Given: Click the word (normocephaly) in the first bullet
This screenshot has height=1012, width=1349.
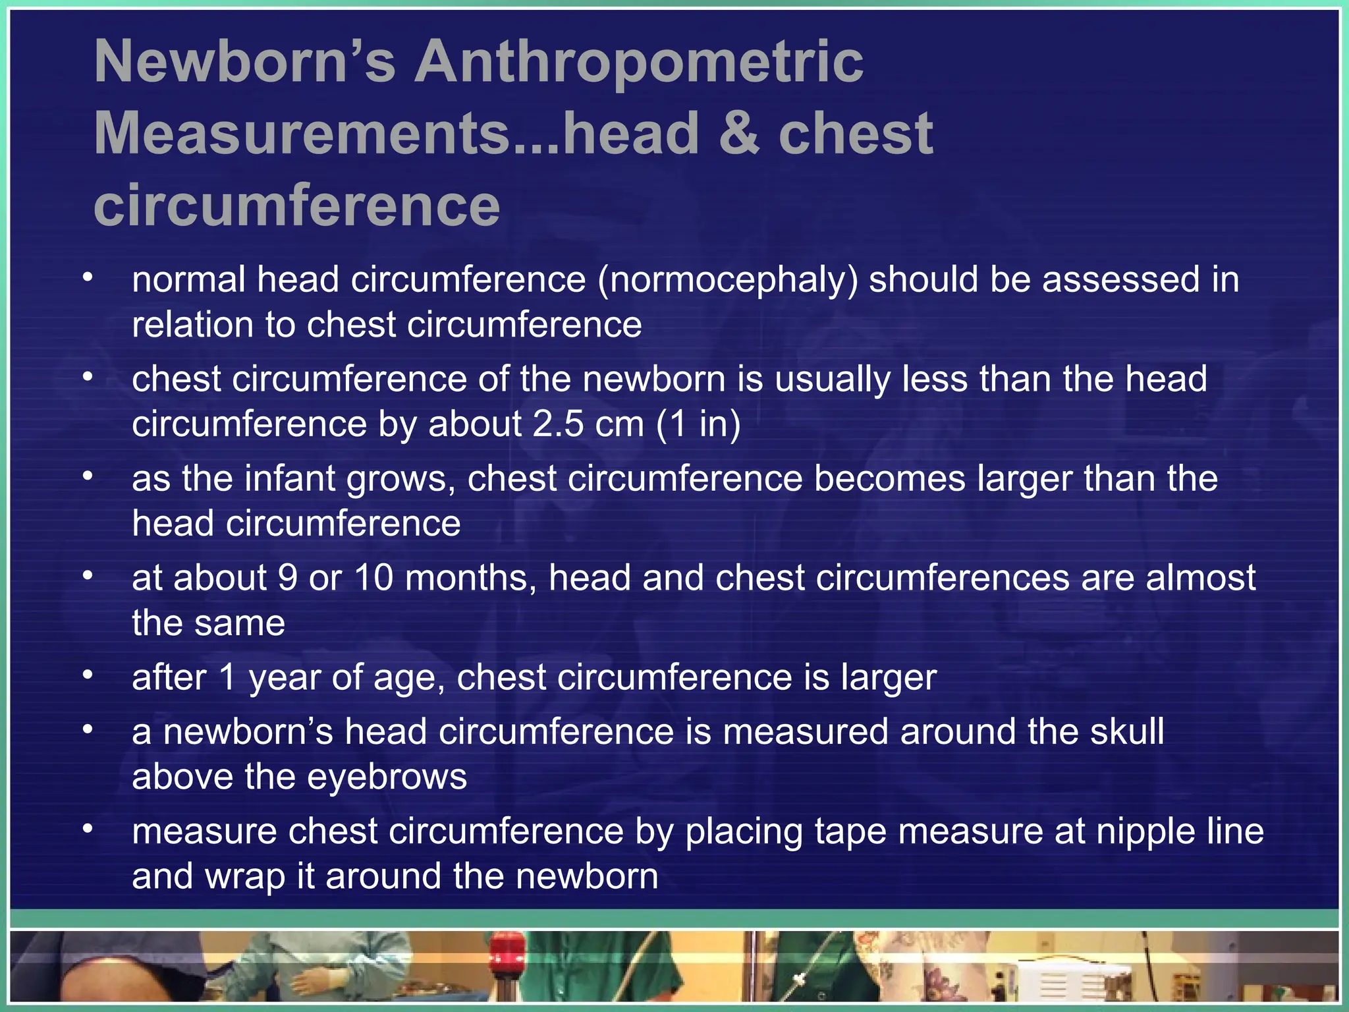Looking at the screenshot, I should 728,280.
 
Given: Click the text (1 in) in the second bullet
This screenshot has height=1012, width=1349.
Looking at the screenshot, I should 698,424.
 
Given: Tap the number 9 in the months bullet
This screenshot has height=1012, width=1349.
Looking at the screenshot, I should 288,578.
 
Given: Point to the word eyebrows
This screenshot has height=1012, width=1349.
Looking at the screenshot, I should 387,777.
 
